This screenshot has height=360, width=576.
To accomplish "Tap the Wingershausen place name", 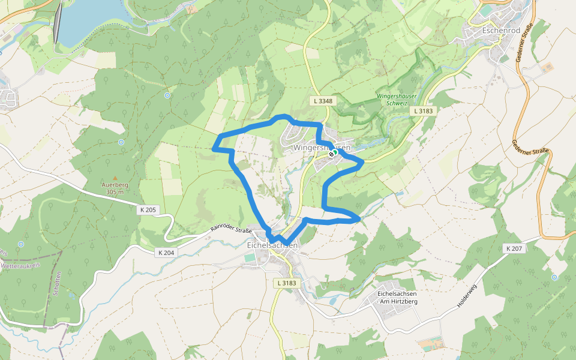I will coord(322,147).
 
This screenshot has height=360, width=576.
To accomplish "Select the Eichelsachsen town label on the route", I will coord(272,245).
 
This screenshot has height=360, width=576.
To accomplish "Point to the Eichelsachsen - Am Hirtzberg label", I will coord(397,296).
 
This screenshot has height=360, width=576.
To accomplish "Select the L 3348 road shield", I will coord(323,101).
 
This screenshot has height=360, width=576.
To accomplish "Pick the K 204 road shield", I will coord(167,253).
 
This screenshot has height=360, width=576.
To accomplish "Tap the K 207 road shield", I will coord(515,248).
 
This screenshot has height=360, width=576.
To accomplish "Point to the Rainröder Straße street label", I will coord(230,229).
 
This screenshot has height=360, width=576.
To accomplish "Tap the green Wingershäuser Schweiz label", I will coord(396,100).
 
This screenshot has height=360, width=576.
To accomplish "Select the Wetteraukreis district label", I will coord(20,264).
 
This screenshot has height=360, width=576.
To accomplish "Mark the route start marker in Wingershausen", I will coord(332,152).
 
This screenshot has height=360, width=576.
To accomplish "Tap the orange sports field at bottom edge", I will coord(430,345).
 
